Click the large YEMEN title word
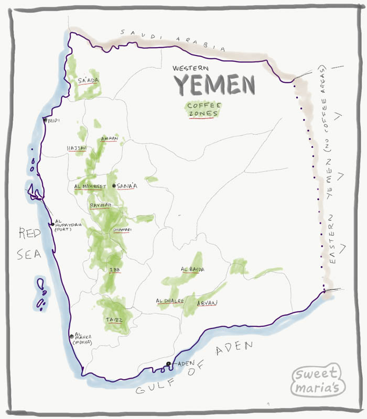(x=214, y=84)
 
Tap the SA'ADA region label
(x=88, y=81)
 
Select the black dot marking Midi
(x=46, y=120)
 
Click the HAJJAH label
(x=77, y=148)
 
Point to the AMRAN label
(x=110, y=139)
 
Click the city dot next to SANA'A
(x=114, y=186)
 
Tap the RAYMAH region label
(x=100, y=205)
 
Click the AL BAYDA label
(x=192, y=270)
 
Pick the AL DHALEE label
(x=170, y=301)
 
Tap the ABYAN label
(x=207, y=303)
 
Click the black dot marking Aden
(x=168, y=364)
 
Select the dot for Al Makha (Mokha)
(x=71, y=336)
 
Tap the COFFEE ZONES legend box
(x=204, y=109)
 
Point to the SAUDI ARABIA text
(x=172, y=39)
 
